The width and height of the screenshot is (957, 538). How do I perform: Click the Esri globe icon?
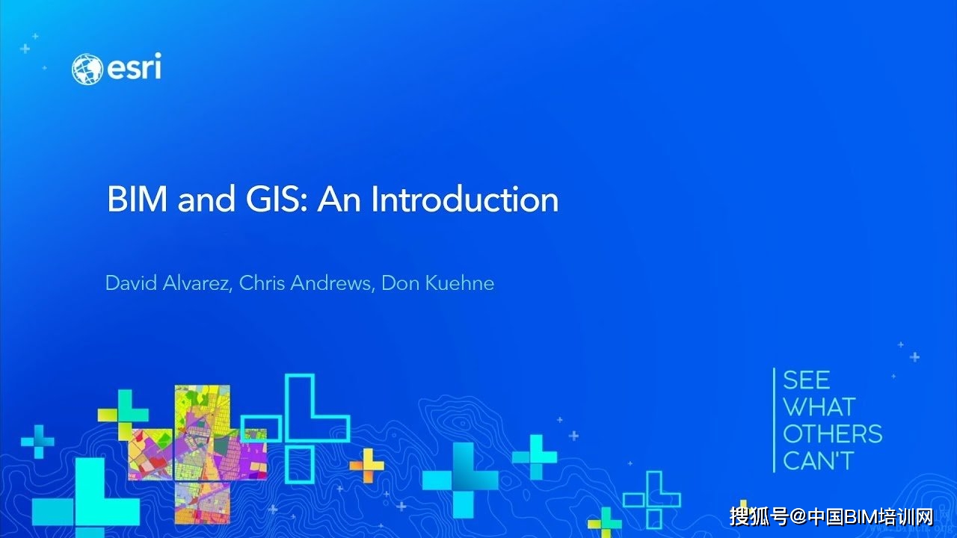[87, 69]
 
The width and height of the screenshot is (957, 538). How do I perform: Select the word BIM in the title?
[138, 200]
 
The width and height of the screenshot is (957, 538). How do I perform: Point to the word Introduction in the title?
[464, 200]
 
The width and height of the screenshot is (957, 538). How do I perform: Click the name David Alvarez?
[166, 283]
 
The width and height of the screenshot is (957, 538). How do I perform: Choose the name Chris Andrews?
[306, 283]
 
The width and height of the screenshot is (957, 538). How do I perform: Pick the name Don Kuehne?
[437, 283]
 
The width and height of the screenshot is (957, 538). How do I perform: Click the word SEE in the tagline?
[806, 380]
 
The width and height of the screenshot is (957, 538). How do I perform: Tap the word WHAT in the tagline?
[818, 407]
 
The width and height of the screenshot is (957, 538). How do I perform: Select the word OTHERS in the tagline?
[832, 434]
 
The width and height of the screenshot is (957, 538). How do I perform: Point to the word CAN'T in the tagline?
[817, 461]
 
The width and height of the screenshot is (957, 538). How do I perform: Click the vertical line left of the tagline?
[775, 420]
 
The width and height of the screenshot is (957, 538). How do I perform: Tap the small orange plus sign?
[366, 466]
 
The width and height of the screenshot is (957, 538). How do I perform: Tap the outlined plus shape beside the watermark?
[652, 498]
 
